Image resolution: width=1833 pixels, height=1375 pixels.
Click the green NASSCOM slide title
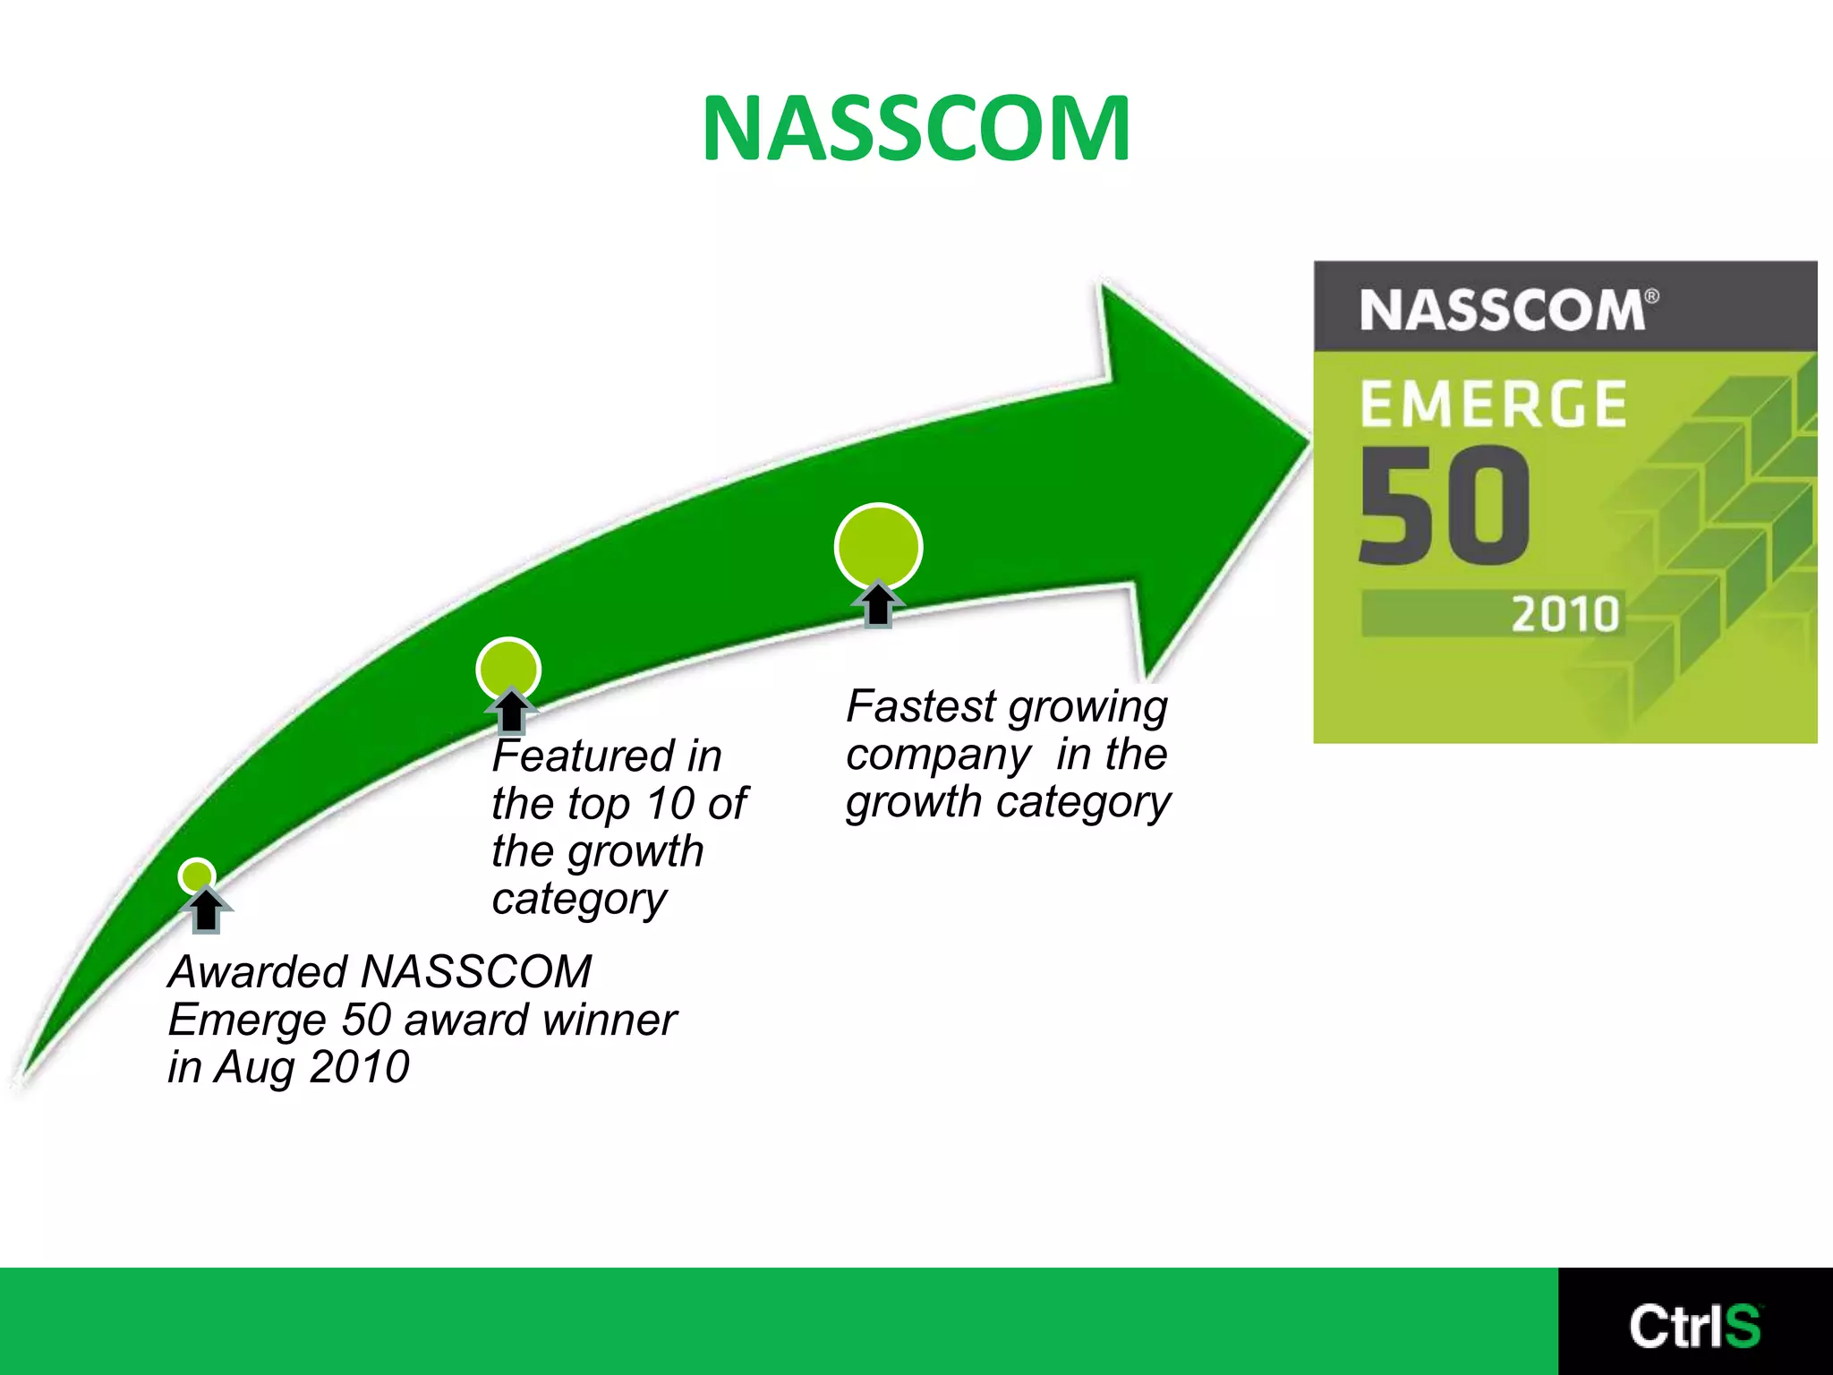[x=916, y=129]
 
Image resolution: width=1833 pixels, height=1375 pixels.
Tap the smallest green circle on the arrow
[x=197, y=875]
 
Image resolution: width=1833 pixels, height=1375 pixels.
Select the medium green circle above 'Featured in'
[x=508, y=669]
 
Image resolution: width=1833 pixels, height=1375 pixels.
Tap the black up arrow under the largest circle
[x=878, y=604]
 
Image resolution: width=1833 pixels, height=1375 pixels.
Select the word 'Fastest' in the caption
[x=921, y=706]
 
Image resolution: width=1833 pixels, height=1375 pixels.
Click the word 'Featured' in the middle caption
[x=584, y=756]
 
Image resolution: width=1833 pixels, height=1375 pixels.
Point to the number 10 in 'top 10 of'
[x=670, y=803]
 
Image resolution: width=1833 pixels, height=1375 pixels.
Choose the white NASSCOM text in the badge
[x=1502, y=311]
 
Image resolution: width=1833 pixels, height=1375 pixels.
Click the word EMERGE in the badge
[x=1492, y=404]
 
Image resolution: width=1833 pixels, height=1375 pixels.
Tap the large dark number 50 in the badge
[x=1445, y=507]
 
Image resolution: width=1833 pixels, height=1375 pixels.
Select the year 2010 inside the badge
[x=1565, y=615]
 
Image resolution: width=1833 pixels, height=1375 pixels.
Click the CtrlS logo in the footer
[x=1694, y=1326]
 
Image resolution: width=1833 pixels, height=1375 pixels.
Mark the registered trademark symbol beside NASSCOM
[x=1652, y=296]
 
